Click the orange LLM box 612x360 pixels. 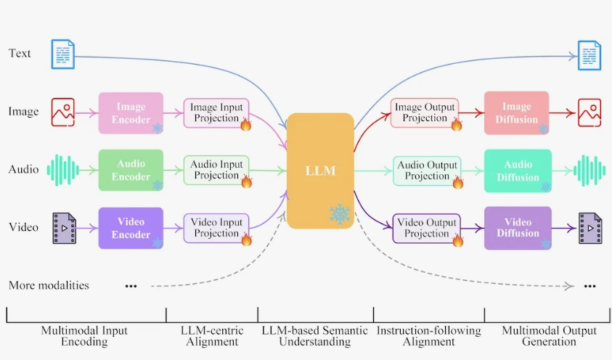(x=320, y=171)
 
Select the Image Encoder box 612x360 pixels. (x=131, y=112)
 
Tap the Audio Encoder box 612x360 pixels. (x=131, y=170)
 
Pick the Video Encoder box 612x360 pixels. (x=131, y=227)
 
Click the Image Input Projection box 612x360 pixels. (x=216, y=112)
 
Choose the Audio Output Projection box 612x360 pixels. (x=426, y=170)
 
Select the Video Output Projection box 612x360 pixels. (x=426, y=227)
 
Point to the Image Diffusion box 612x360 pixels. (x=517, y=112)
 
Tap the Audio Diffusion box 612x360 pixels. (x=518, y=170)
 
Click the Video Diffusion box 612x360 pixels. (x=518, y=227)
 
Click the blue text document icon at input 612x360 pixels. (x=62, y=54)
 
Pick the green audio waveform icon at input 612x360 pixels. (x=62, y=170)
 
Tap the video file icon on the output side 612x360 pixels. (x=589, y=227)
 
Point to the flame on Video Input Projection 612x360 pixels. (x=245, y=239)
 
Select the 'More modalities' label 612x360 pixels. (x=49, y=285)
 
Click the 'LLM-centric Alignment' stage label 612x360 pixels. (x=212, y=336)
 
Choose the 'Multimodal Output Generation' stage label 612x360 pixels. (x=549, y=336)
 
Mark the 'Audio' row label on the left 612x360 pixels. (x=24, y=170)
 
